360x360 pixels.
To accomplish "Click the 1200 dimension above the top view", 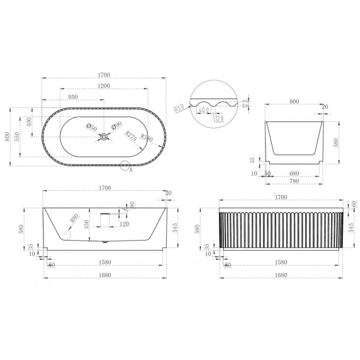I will [x=104, y=85].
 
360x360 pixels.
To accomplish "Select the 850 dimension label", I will [x=75, y=96].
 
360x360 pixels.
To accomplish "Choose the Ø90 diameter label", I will [x=117, y=125].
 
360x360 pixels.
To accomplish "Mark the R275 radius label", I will [x=130, y=136].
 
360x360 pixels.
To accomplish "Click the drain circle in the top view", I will [x=104, y=137].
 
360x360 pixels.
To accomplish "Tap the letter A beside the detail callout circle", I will [x=130, y=169].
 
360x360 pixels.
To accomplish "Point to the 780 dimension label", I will [x=294, y=182].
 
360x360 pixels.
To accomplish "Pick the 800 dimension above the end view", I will [x=294, y=102].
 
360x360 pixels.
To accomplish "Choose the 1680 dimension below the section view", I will [x=104, y=276].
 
